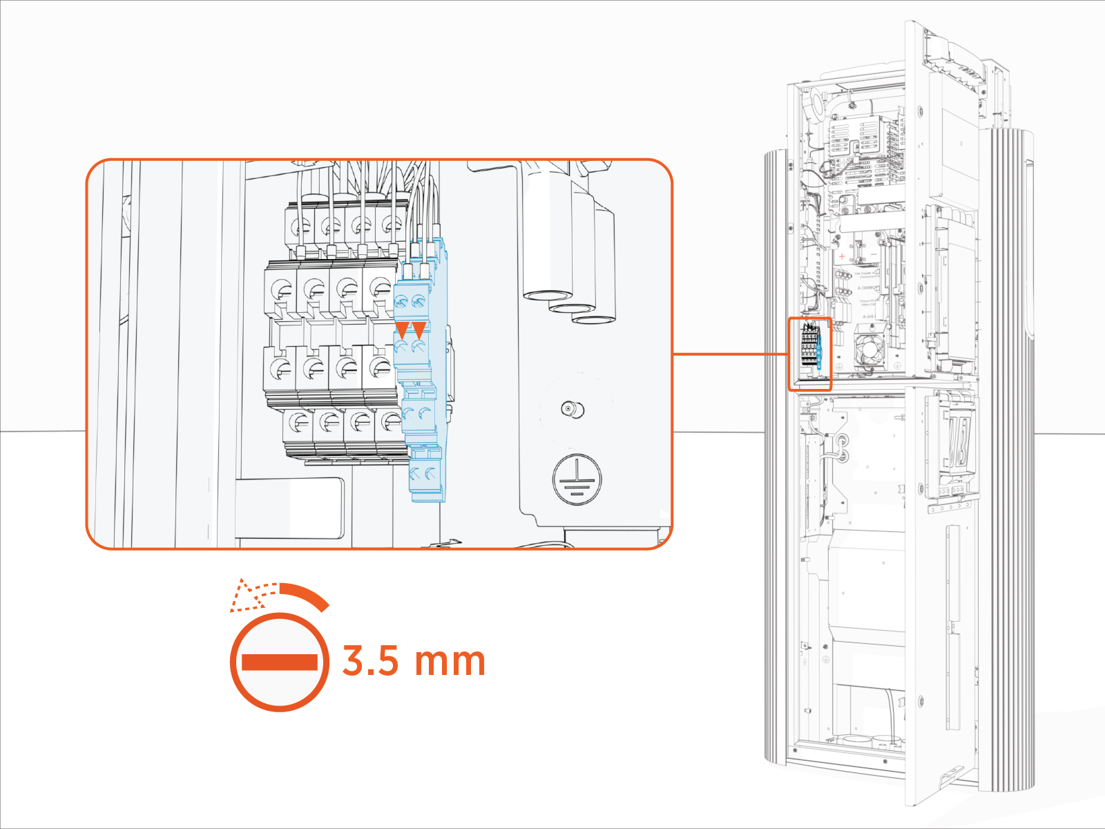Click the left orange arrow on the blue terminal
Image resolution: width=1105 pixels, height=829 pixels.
(401, 329)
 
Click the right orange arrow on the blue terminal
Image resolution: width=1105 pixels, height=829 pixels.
(419, 329)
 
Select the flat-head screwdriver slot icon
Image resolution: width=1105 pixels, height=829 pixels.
(280, 662)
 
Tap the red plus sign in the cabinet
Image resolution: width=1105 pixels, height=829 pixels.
(842, 256)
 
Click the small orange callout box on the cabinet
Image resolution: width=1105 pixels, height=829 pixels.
(810, 354)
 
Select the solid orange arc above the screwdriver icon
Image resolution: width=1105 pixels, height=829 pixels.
(307, 594)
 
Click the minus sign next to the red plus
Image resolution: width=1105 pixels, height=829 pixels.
(873, 255)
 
